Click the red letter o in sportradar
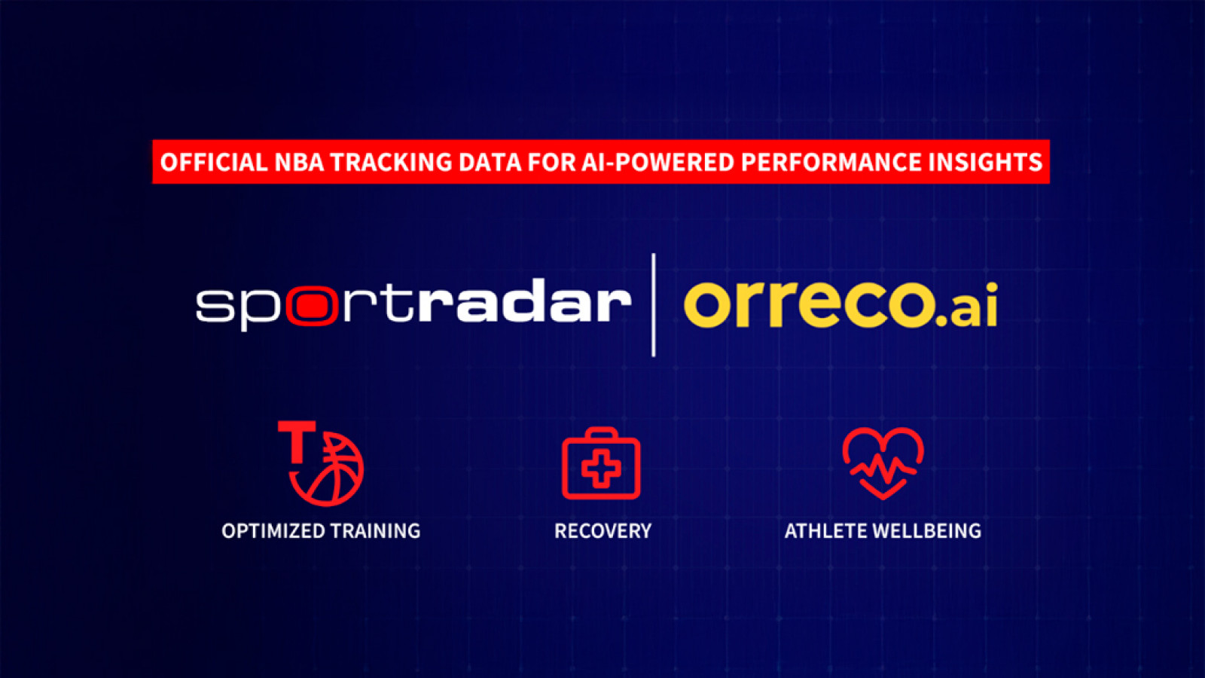[x=312, y=306]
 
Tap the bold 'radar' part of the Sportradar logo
[x=524, y=303]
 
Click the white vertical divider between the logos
[x=653, y=304]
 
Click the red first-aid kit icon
[x=601, y=464]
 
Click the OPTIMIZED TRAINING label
[x=321, y=531]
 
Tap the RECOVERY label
[x=602, y=531]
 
